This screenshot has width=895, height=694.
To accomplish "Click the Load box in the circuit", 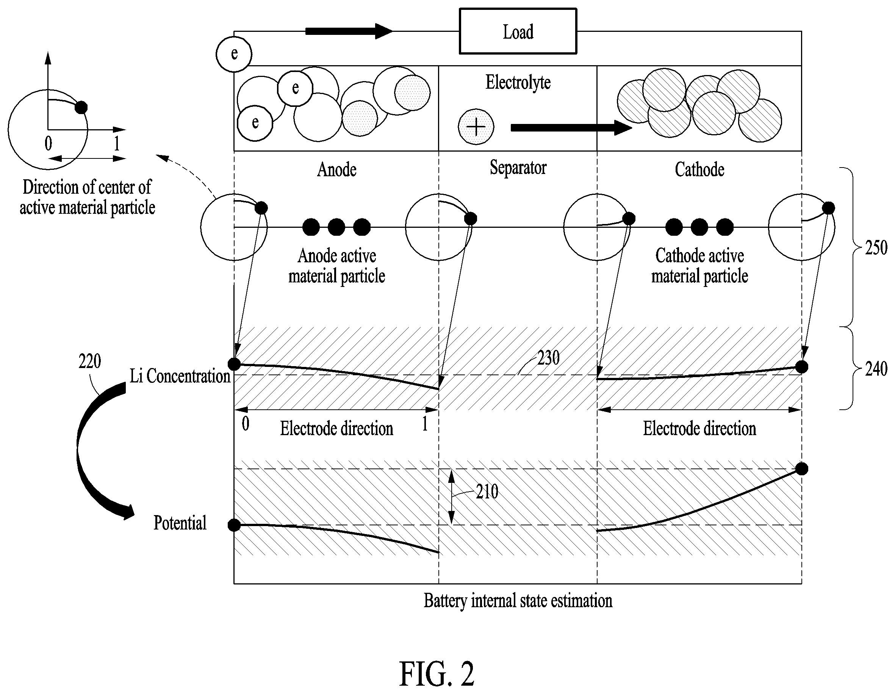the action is click(518, 31).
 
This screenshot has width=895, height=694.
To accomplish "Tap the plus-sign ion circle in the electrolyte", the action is click(476, 127).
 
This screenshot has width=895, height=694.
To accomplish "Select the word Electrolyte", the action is click(518, 82).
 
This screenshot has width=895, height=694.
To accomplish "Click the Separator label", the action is click(518, 168).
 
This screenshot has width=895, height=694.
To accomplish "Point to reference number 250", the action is click(876, 248).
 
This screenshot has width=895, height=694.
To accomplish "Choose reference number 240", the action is click(876, 369).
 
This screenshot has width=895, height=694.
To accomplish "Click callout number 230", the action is click(548, 358).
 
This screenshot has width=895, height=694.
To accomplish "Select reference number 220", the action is click(90, 361).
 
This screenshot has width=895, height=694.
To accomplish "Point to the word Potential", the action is click(180, 523).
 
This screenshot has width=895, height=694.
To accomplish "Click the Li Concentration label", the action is click(180, 376).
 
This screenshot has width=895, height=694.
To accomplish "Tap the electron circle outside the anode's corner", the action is click(233, 54).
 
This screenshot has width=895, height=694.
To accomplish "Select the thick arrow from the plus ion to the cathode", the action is click(571, 127).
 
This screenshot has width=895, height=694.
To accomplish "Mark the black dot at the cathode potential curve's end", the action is click(801, 468).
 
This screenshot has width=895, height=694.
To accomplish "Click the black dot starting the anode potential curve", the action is click(234, 525).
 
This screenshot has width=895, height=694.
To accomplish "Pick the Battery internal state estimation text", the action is click(518, 601).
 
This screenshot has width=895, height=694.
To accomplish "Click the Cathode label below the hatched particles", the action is click(699, 169).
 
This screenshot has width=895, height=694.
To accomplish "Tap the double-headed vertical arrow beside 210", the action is click(451, 497).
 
